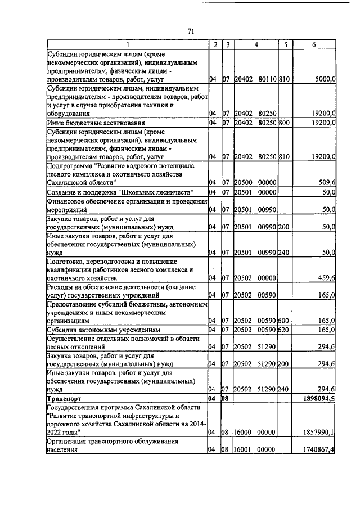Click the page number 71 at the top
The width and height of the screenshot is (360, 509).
(190, 32)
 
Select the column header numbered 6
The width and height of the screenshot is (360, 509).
(314, 44)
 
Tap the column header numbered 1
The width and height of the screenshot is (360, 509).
(127, 44)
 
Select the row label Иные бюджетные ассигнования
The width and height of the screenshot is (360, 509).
(88, 122)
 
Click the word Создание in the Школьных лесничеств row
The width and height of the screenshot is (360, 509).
(62, 192)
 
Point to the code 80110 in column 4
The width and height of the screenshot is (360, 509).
(266, 80)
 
